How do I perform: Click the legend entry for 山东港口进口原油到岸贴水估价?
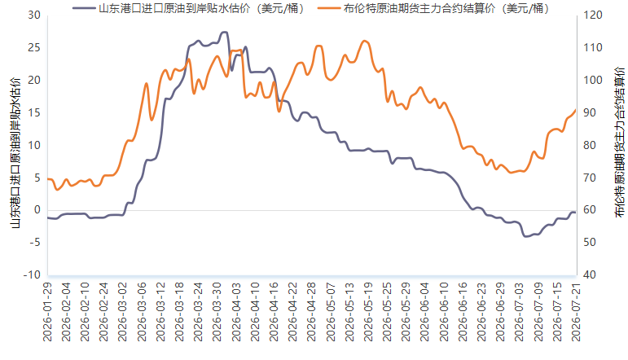click(188, 8)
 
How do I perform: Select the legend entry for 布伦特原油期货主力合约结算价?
click(433, 8)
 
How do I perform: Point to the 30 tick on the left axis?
click(34, 15)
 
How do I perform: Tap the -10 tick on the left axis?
click(32, 275)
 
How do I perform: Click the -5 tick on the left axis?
click(34, 243)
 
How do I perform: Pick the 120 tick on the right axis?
click(593, 15)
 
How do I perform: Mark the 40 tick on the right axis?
click(590, 275)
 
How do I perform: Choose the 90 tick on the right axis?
click(590, 113)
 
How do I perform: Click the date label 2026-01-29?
click(48, 312)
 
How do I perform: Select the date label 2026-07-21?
click(576, 312)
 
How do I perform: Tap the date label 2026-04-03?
click(236, 312)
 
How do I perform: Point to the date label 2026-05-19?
click(368, 312)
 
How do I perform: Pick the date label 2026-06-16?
click(463, 312)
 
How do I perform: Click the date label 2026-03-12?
click(161, 312)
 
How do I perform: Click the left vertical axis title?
click(15, 152)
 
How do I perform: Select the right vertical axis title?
click(619, 143)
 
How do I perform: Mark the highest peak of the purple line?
click(225, 32)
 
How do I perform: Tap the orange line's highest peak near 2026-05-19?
click(364, 41)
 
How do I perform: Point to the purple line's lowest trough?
click(526, 236)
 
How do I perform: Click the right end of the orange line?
click(576, 109)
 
